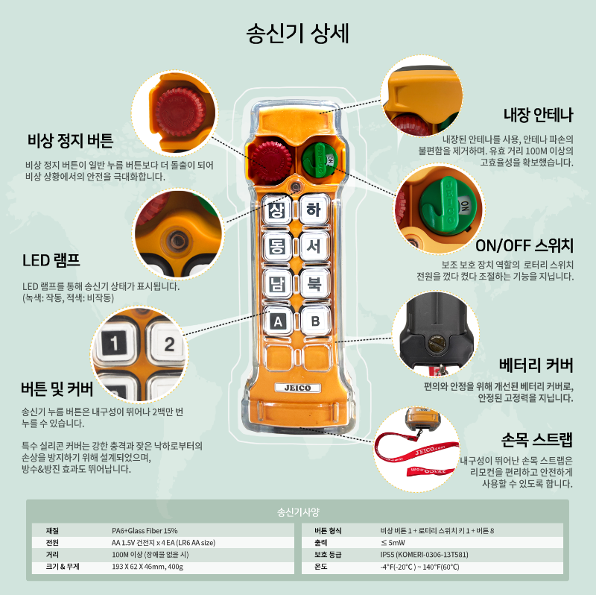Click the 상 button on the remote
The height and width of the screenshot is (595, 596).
click(x=276, y=210)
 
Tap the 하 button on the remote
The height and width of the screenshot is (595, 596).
click(x=314, y=209)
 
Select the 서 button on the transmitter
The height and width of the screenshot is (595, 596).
click(x=314, y=246)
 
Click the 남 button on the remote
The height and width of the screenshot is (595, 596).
click(x=277, y=283)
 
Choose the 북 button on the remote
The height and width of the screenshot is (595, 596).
click(x=314, y=283)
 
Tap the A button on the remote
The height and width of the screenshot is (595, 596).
click(x=278, y=321)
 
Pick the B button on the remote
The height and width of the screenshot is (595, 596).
click(x=315, y=321)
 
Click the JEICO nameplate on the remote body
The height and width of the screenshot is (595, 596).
click(x=297, y=388)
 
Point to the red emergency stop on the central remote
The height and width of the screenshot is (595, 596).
click(x=271, y=160)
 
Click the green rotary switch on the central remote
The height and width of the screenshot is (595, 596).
click(x=320, y=160)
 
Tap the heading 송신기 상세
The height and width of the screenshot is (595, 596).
click(x=297, y=34)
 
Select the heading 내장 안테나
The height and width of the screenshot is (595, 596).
click(x=538, y=115)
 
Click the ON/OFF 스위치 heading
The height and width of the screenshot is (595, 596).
click(x=524, y=245)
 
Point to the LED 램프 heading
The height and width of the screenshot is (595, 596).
click(x=51, y=260)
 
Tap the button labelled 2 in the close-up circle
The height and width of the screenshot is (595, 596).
click(x=168, y=344)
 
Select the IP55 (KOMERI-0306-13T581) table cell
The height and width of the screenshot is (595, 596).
click(x=424, y=555)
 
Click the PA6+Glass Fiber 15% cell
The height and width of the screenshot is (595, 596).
click(x=145, y=531)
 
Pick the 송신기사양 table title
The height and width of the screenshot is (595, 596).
click(x=298, y=512)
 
